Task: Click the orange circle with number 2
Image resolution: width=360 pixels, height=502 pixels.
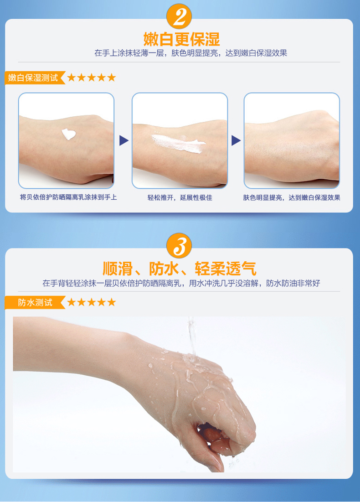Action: coord(179,16)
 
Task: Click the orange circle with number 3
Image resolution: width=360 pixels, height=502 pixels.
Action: coord(179,246)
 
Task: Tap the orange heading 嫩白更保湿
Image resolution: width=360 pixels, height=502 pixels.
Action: coord(181,39)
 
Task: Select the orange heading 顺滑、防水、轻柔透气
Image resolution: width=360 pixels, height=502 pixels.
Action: coord(180,268)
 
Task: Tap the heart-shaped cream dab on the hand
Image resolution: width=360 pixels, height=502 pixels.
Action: coord(68,134)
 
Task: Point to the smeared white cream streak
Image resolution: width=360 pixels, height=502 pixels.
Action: coord(178,143)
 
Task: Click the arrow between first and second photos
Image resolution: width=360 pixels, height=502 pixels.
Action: coord(123,140)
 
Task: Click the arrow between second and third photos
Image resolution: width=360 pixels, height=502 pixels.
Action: coord(236,140)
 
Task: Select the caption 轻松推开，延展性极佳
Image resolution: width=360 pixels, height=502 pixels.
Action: coord(180,197)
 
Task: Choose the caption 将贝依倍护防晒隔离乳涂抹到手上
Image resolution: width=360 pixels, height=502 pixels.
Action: coord(68,197)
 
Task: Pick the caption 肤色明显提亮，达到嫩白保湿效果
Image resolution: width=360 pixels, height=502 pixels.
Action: coord(292,197)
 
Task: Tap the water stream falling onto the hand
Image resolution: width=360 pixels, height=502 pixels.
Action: coord(192,336)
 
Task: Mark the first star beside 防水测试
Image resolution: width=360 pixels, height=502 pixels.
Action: coord(72,302)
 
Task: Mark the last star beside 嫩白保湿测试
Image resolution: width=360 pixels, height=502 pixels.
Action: coord(111,77)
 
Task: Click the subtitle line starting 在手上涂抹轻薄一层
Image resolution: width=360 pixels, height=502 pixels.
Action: coord(191,53)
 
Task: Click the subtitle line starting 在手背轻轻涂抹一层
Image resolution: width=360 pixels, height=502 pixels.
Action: coord(181,283)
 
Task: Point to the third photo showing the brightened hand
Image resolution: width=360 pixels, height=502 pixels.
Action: coord(292,140)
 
